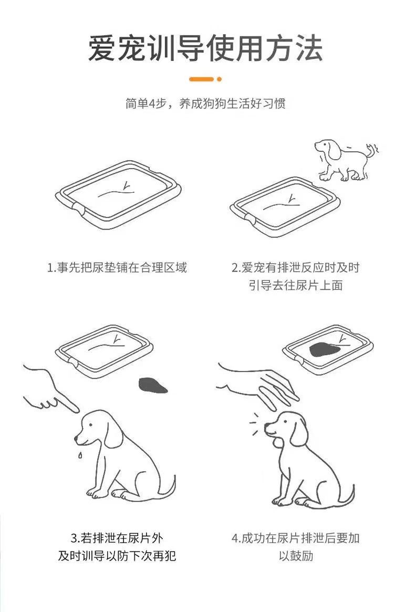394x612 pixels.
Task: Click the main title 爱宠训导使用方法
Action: pos(205,48)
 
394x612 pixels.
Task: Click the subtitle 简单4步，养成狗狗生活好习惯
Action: pos(205,103)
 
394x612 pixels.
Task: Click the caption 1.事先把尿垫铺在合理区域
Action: pos(117,268)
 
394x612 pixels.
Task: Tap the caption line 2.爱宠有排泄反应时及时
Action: pos(295,268)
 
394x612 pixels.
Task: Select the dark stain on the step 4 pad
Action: pos(325,350)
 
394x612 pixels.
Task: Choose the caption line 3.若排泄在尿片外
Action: pos(117,538)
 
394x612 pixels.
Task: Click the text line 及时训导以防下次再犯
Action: pos(117,556)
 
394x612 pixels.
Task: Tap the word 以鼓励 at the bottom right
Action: pos(296,556)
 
